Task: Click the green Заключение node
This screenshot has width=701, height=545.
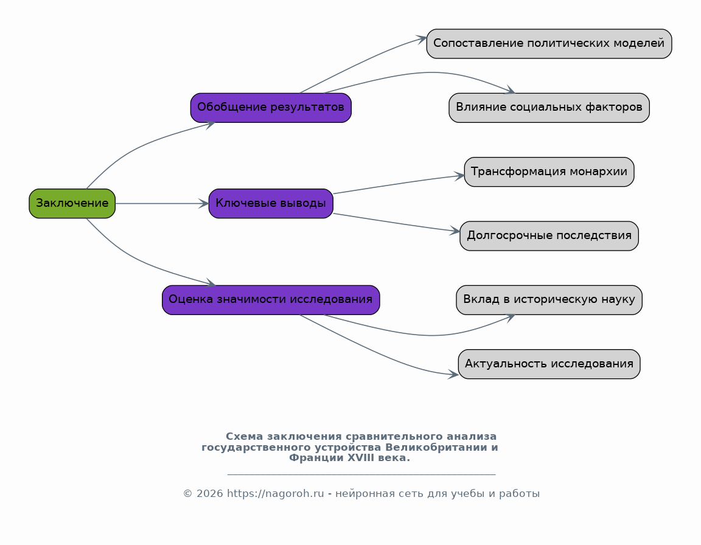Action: [x=72, y=204]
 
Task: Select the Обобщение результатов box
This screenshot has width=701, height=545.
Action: [x=271, y=108]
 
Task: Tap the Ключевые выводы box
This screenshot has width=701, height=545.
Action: [x=271, y=204]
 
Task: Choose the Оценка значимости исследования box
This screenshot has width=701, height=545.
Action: [x=271, y=300]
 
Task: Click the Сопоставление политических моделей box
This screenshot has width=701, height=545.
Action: [x=549, y=44]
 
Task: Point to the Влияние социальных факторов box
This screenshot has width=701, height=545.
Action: [x=549, y=108]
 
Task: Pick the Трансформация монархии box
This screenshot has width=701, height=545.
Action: [x=549, y=172]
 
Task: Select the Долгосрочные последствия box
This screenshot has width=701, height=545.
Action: [x=549, y=236]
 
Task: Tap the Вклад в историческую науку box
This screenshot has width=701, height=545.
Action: [x=549, y=300]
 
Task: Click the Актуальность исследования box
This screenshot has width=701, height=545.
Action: [x=549, y=364]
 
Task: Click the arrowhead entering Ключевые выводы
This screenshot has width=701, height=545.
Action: [x=204, y=204]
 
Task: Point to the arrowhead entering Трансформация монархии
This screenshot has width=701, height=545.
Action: [x=459, y=176]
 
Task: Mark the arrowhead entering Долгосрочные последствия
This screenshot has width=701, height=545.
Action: [x=455, y=231]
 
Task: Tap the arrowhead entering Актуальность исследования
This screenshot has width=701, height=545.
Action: [x=453, y=374]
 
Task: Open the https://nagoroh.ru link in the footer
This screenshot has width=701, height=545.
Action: [x=276, y=494]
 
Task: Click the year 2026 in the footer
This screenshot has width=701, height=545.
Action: [x=210, y=494]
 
